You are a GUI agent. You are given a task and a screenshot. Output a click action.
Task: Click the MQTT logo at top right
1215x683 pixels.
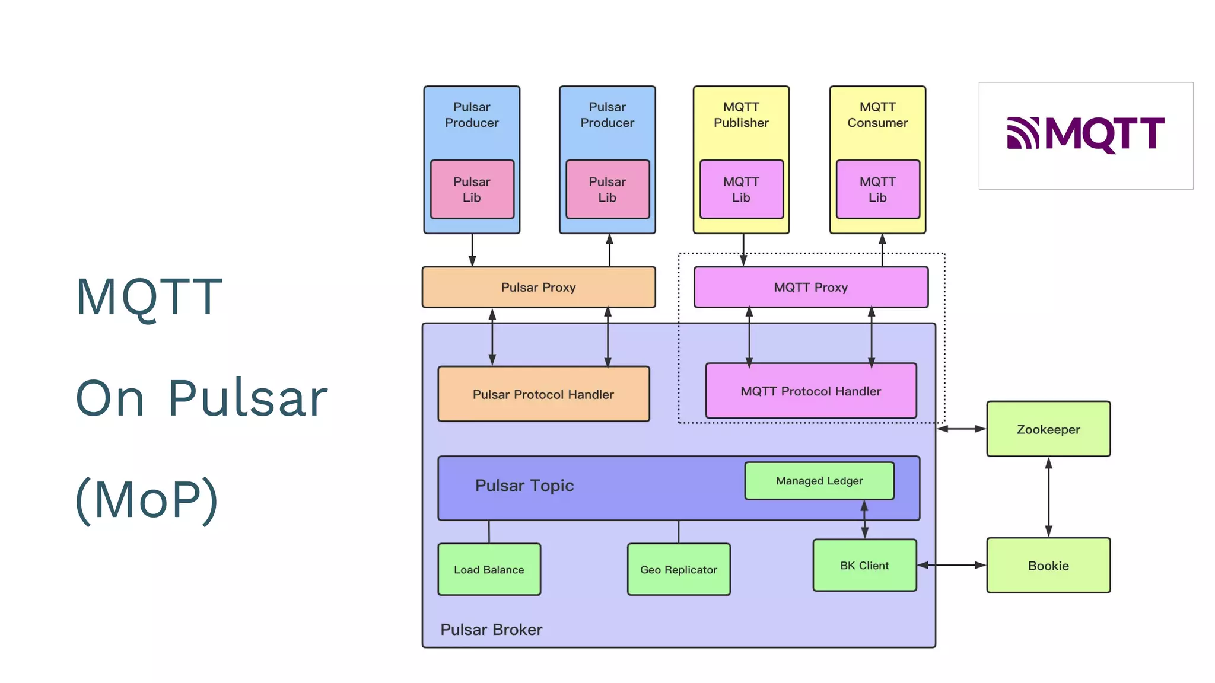pyautogui.click(x=1085, y=135)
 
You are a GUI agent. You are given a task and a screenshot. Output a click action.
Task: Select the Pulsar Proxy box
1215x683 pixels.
pyautogui.click(x=538, y=287)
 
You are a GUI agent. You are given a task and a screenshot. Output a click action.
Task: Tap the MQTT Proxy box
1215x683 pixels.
pyautogui.click(x=810, y=287)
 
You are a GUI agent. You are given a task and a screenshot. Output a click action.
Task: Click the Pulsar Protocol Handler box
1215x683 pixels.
pyautogui.click(x=543, y=394)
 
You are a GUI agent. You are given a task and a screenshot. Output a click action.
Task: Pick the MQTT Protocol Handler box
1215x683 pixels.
pyautogui.click(x=810, y=391)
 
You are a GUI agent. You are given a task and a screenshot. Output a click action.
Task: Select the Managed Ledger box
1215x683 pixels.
pyautogui.click(x=819, y=481)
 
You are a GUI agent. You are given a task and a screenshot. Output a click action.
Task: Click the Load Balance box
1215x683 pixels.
pyautogui.click(x=489, y=570)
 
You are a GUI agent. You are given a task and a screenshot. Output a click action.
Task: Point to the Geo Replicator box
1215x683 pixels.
pyautogui.click(x=678, y=570)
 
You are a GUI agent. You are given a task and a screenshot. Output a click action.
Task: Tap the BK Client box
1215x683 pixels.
pyautogui.click(x=864, y=566)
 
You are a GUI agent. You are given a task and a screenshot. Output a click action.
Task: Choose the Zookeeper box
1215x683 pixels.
pyautogui.click(x=1048, y=429)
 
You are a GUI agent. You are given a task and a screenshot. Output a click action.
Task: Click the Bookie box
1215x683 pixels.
pyautogui.click(x=1048, y=566)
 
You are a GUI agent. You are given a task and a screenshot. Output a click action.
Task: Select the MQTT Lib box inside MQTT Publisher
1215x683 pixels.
pyautogui.click(x=741, y=190)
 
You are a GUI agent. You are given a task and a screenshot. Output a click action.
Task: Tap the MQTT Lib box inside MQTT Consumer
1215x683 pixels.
pyautogui.click(x=877, y=190)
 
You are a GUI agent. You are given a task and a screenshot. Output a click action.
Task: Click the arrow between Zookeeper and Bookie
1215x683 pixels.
pyautogui.click(x=1048, y=497)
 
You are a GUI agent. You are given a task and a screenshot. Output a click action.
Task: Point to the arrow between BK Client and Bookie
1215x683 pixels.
pyautogui.click(x=952, y=566)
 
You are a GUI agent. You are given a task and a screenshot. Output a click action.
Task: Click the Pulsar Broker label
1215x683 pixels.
pyautogui.click(x=491, y=630)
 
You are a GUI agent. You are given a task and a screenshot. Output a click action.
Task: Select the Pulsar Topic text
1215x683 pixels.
pyautogui.click(x=524, y=486)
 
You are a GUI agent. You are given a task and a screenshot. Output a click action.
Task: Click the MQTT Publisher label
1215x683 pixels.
pyautogui.click(x=741, y=115)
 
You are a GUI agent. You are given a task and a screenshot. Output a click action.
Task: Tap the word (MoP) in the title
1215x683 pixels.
pyautogui.click(x=147, y=499)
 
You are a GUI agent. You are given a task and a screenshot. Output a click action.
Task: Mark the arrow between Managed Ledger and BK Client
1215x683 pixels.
pyautogui.click(x=864, y=519)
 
